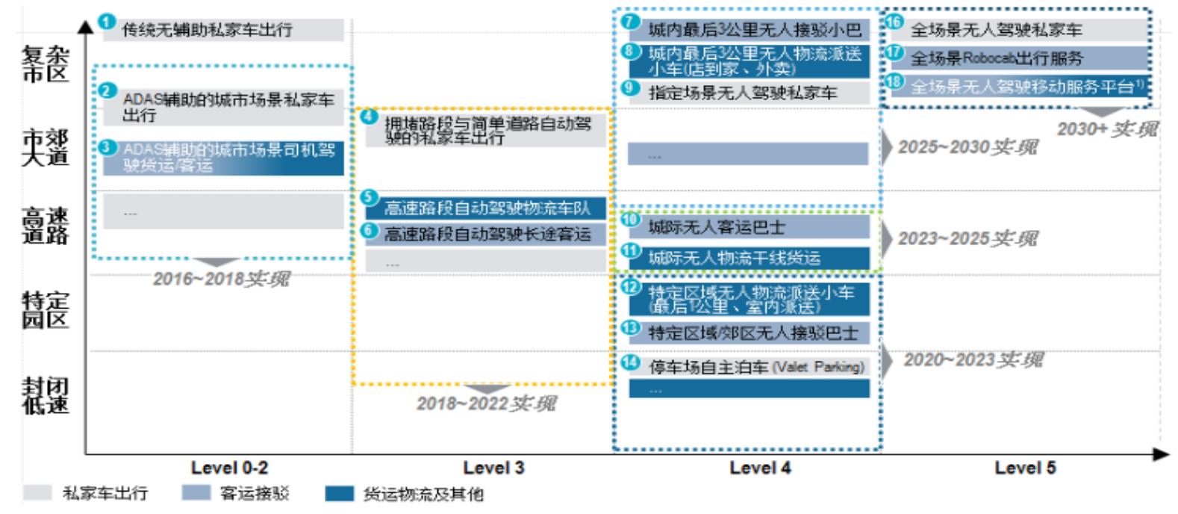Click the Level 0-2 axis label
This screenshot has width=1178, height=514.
point(229,468)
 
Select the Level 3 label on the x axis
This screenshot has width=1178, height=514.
point(493,468)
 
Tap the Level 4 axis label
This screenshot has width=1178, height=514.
point(760,468)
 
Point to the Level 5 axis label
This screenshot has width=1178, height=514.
point(1025,468)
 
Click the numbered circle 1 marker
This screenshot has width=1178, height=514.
point(107,22)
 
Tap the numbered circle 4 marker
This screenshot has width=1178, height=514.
point(370,117)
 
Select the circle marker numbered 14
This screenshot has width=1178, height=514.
point(632,363)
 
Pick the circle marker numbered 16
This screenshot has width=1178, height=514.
point(894,22)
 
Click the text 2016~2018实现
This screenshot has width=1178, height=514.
point(221,279)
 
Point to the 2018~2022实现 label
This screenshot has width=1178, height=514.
point(486,403)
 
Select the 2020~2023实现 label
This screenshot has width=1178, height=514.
point(973,360)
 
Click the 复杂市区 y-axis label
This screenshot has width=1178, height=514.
point(46,64)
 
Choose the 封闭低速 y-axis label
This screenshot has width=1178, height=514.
point(46,395)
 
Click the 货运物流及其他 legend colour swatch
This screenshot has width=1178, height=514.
point(339,494)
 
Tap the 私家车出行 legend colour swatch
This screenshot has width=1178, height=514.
point(37,493)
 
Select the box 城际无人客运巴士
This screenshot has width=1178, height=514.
point(749,227)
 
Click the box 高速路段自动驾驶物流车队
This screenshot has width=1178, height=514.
point(486,208)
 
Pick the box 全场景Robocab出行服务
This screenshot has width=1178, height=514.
point(1019,58)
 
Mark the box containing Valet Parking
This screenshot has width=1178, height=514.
point(749,367)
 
